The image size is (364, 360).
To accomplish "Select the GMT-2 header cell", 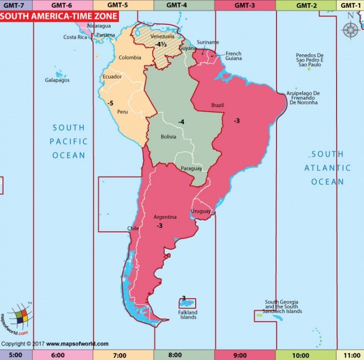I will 306,5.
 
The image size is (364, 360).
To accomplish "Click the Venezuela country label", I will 162,37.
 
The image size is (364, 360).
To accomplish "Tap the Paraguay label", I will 191,169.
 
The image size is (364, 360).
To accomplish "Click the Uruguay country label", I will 200,211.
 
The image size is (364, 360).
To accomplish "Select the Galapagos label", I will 57,80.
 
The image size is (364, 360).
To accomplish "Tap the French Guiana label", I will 234,56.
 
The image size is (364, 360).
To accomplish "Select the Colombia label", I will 129,57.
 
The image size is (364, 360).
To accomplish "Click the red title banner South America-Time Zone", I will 59,16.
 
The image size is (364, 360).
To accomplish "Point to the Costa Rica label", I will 75,37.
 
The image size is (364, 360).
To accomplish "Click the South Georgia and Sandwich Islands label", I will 283,307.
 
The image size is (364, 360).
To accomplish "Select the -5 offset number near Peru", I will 110,103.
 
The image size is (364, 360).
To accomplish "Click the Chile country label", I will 133,228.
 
